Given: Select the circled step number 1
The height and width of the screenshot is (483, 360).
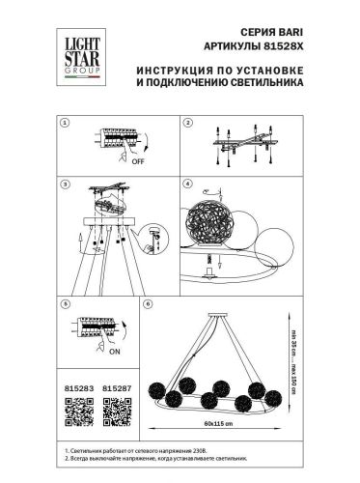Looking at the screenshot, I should [x=66, y=125].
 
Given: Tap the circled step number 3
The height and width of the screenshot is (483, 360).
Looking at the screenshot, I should [x=66, y=183].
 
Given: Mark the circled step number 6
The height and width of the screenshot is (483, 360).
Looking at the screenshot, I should [x=147, y=303].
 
